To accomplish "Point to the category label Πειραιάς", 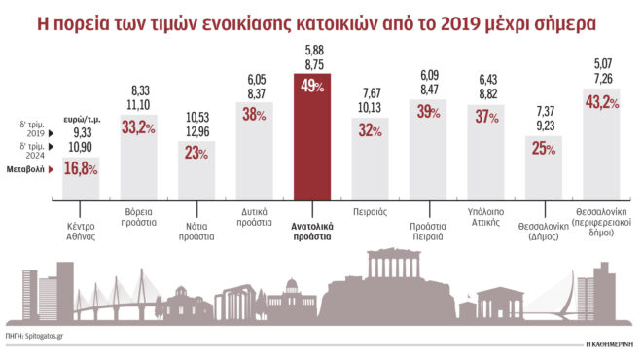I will (370, 210).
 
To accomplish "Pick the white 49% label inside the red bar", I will (311, 86).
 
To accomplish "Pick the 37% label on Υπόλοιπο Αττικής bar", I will (485, 117).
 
